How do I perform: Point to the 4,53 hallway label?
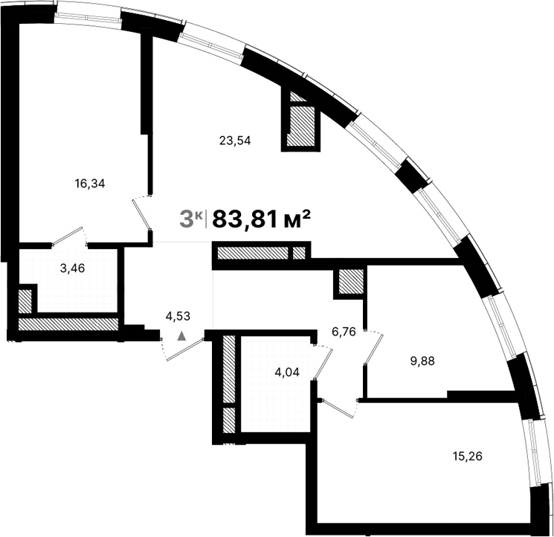click(x=178, y=316)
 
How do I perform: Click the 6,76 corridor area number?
click(x=344, y=332)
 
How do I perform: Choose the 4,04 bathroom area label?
click(x=288, y=373)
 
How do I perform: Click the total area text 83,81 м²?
click(x=261, y=219)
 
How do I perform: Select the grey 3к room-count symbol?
click(x=192, y=219)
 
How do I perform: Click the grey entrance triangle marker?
click(x=181, y=336)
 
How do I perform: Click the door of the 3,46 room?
click(x=68, y=237)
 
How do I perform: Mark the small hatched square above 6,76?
click(x=350, y=282)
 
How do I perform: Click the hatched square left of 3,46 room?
click(x=26, y=301)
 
